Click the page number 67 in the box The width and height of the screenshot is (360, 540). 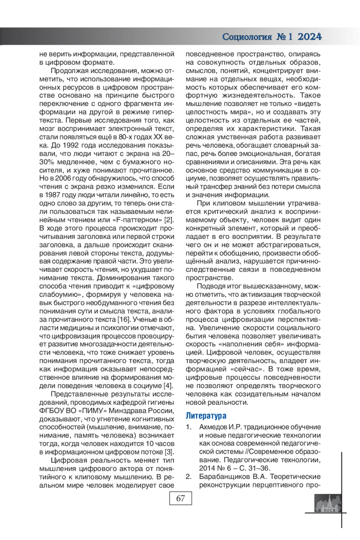click(x=180, y=499)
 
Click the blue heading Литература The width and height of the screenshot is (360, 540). click(x=206, y=416)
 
